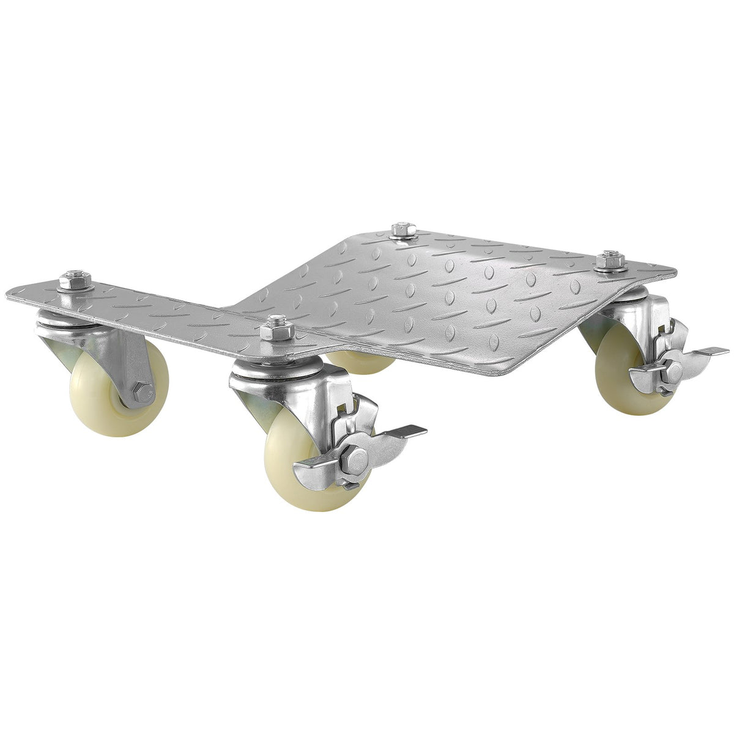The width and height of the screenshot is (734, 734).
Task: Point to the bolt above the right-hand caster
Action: tap(609, 260)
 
